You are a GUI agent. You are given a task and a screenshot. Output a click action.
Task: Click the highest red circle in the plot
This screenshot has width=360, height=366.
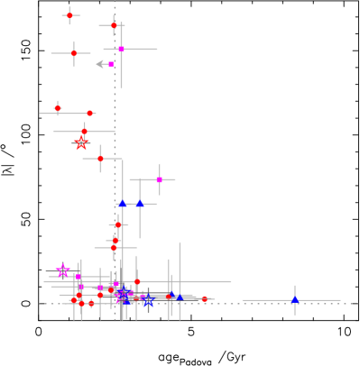pos(69,15)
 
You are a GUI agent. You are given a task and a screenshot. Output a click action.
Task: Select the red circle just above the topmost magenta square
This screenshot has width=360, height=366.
pos(114,25)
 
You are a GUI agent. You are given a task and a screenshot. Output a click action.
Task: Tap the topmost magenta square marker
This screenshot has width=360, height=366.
pos(121,49)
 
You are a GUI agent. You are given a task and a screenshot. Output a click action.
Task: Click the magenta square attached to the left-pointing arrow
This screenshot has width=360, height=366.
pos(111,64)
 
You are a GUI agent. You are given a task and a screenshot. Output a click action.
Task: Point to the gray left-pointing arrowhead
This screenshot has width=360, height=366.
pos(99,64)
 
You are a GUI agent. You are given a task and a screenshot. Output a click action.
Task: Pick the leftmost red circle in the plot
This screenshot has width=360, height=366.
pos(58,108)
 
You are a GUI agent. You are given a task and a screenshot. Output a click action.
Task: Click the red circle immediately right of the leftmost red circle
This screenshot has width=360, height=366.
pos(89,114)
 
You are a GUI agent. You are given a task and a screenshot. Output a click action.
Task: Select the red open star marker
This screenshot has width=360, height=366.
pos(81,143)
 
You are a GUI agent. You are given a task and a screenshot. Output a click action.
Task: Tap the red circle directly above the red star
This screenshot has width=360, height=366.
pos(84,132)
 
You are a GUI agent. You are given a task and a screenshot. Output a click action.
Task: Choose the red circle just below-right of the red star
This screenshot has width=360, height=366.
pos(100,159)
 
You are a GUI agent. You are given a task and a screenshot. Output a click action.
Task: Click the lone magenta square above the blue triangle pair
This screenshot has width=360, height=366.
pos(159,179)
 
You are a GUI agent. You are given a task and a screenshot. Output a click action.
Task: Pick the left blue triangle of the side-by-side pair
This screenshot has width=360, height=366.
pos(123,204)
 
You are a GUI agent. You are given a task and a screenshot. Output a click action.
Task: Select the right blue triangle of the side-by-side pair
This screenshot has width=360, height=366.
pos(139,204)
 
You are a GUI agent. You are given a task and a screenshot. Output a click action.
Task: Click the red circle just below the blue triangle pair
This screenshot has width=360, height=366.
pos(118,224)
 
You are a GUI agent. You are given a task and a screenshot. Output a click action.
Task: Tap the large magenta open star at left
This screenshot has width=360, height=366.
pos(63,270)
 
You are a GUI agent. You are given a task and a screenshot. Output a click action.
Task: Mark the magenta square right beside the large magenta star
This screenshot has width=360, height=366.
pos(78,276)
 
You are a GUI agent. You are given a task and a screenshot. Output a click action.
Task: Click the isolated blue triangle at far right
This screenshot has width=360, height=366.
pos(294,299)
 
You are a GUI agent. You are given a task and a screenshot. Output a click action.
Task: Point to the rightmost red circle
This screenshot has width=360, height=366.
pos(204,299)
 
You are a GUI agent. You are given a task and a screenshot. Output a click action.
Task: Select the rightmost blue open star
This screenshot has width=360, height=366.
pos(149,301)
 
